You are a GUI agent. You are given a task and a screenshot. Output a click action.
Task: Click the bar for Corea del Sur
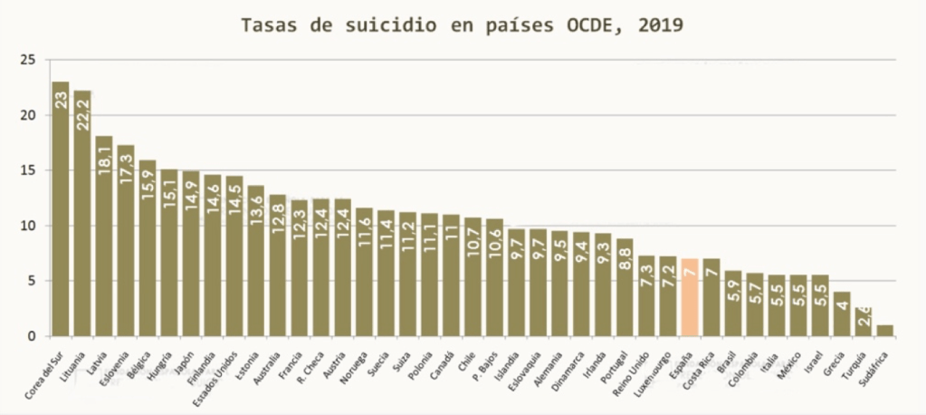(61, 208)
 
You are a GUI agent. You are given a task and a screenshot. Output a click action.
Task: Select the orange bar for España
(690, 297)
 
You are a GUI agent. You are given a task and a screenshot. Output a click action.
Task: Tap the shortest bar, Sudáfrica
(885, 330)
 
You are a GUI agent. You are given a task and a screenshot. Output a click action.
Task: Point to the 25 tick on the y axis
(29, 60)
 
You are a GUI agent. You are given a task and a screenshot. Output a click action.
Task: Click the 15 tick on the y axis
(29, 170)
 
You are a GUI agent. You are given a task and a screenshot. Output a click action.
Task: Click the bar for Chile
(473, 276)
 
